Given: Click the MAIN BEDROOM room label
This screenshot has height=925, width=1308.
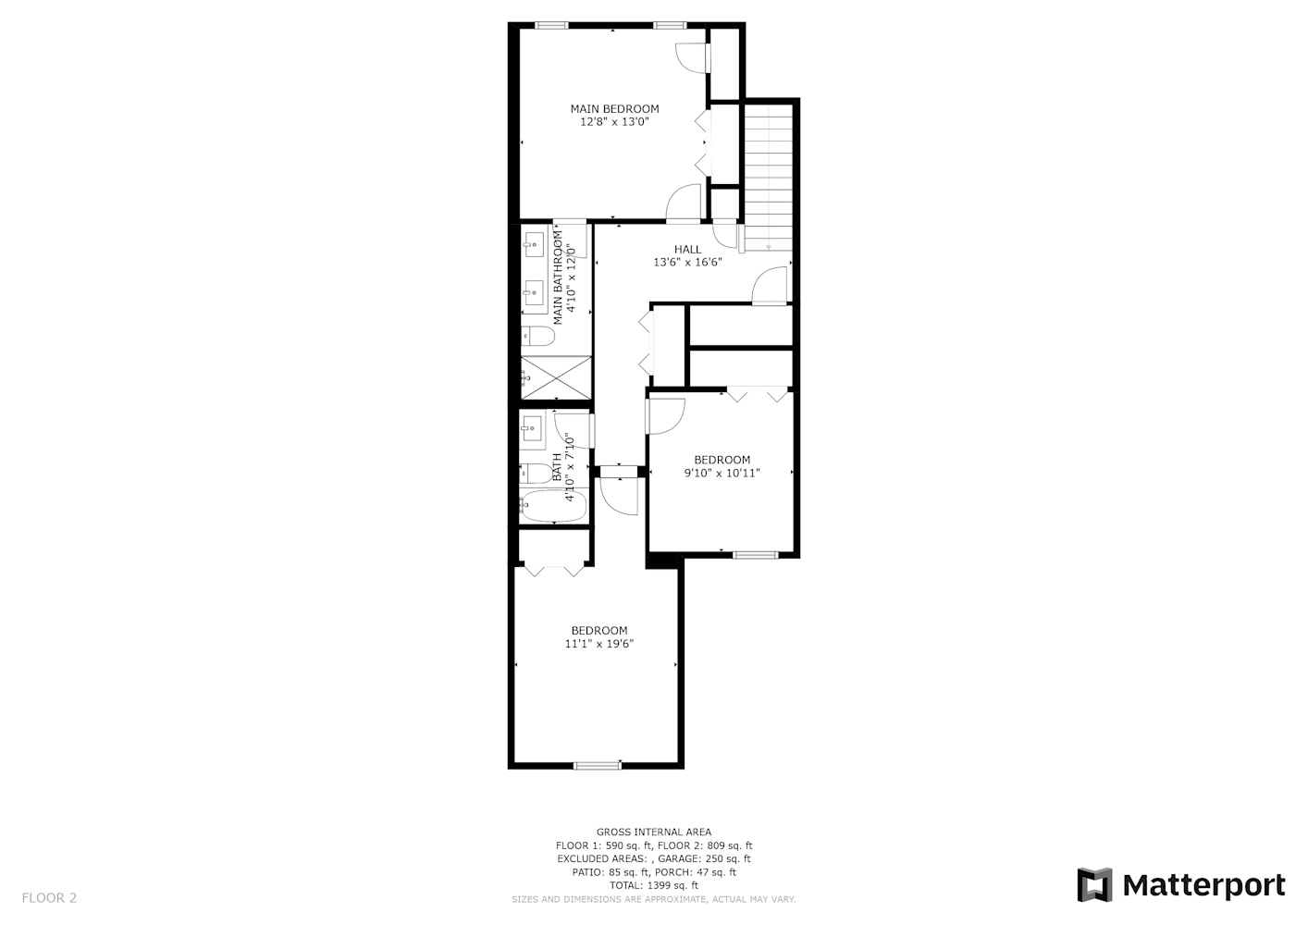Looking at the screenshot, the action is (x=614, y=108).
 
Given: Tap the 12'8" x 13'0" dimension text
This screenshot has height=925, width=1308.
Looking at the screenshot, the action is (x=614, y=122).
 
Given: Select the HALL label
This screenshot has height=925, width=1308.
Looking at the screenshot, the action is (x=688, y=250).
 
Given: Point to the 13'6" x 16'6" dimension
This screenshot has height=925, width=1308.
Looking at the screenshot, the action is (x=688, y=263).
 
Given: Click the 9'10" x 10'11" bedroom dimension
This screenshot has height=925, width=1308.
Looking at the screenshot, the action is (x=722, y=473).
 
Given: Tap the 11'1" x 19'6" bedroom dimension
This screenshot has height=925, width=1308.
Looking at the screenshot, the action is (x=599, y=644).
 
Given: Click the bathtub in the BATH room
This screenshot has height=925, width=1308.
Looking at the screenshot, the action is (x=552, y=506).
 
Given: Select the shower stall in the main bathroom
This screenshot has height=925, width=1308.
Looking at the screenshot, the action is (x=555, y=377).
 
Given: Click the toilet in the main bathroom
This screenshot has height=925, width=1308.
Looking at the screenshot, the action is (x=537, y=337).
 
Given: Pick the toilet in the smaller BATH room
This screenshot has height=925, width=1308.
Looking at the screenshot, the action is (x=536, y=473).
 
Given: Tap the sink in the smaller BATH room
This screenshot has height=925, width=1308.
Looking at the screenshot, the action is (x=531, y=429).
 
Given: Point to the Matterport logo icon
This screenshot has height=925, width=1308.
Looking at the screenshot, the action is (x=1093, y=884).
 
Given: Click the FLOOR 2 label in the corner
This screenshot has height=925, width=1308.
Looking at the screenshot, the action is (x=49, y=898).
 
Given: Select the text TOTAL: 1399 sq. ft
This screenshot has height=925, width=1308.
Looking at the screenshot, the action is (x=654, y=885).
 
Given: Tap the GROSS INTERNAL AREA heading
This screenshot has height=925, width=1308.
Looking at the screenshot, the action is (x=654, y=832).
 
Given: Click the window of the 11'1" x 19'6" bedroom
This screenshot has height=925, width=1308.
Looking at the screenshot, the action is (x=597, y=766).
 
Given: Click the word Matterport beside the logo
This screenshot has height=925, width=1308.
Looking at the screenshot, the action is (x=1204, y=886).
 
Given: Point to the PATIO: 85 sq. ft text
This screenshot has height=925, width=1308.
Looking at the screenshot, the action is (x=611, y=872).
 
